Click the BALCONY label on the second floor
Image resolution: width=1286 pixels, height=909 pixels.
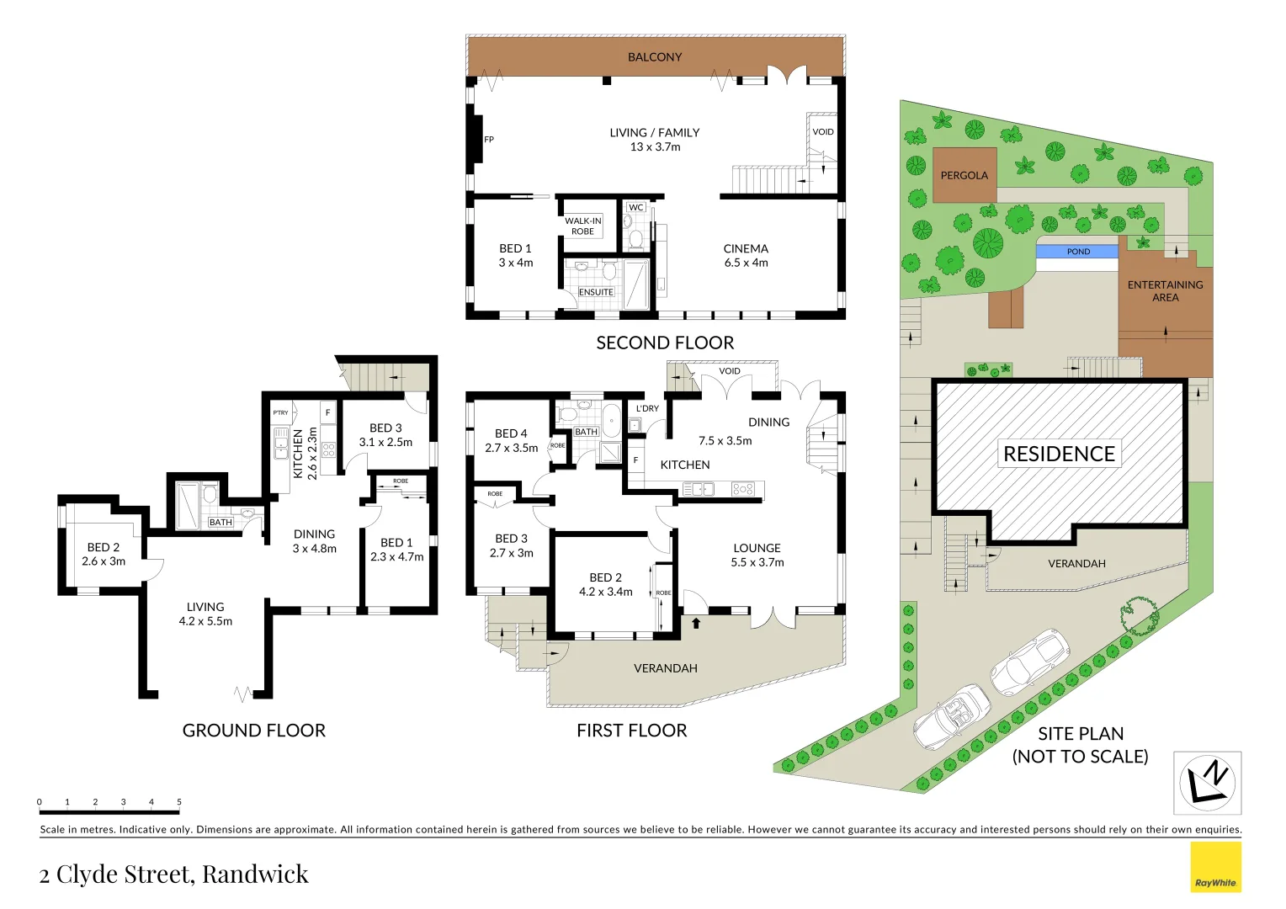tap(655, 57)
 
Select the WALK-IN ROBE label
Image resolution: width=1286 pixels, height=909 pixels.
tap(582, 226)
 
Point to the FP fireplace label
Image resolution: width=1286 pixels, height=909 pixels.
tap(489, 140)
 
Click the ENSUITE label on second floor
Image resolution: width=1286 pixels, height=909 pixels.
tap(596, 292)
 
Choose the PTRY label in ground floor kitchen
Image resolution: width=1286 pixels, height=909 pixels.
tap(280, 412)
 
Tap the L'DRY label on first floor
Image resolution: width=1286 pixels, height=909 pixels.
tap(647, 408)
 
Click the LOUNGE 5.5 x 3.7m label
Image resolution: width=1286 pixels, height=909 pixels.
tap(757, 555)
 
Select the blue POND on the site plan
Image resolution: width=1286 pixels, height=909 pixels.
tap(1077, 252)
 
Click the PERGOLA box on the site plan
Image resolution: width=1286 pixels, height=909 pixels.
tap(964, 175)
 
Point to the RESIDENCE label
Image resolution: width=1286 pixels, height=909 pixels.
tap(1059, 454)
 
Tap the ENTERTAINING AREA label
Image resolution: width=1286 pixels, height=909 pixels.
tap(1165, 290)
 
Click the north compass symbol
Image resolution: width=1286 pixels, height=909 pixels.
tap(1207, 783)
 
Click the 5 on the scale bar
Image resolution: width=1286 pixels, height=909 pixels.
tap(179, 802)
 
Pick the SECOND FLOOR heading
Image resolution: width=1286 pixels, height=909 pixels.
tap(665, 343)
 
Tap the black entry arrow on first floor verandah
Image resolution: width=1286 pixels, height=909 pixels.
tap(695, 624)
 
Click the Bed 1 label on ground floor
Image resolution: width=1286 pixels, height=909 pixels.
tap(396, 550)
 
